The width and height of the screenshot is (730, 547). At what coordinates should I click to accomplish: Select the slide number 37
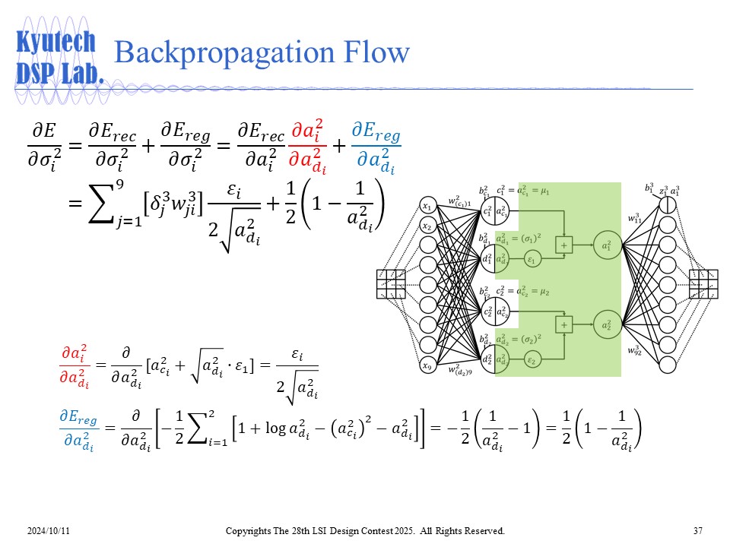pyautogui.click(x=697, y=530)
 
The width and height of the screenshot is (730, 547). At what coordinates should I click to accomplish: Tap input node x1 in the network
pyautogui.click(x=429, y=207)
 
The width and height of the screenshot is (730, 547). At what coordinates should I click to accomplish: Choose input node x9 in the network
pyautogui.click(x=429, y=366)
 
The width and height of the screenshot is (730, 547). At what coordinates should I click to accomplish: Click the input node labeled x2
pyautogui.click(x=429, y=226)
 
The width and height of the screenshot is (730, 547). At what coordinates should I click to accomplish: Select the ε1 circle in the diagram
pyautogui.click(x=532, y=259)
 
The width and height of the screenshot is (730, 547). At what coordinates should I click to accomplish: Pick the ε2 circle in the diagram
pyautogui.click(x=532, y=359)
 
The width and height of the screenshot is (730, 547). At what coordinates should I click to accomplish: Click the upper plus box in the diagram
pyautogui.click(x=564, y=245)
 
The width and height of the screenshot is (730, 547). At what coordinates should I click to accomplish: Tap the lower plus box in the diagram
pyautogui.click(x=564, y=324)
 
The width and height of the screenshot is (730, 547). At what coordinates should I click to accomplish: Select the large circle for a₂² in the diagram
pyautogui.click(x=606, y=324)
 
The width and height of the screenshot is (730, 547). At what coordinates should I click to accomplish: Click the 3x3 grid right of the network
pyautogui.click(x=703, y=284)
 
